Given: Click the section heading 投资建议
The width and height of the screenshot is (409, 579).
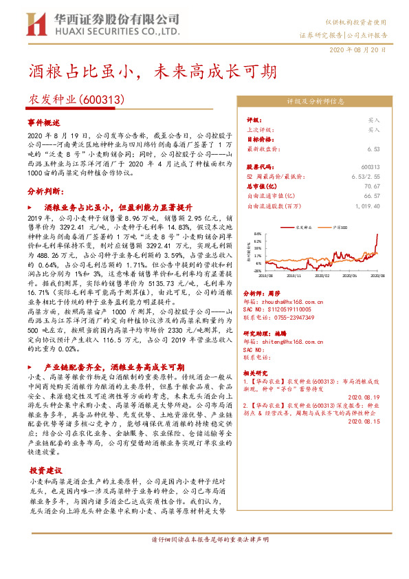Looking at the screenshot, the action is tap(45, 471).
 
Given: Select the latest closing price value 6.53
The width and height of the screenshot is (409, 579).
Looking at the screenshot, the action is tap(374, 149).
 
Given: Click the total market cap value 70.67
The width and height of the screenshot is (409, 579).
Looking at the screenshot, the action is tap(371, 186).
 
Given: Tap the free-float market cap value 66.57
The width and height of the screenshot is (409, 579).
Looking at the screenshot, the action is tap(371, 195).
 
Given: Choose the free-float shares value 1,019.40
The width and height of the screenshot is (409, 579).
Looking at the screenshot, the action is tap(368, 205).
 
